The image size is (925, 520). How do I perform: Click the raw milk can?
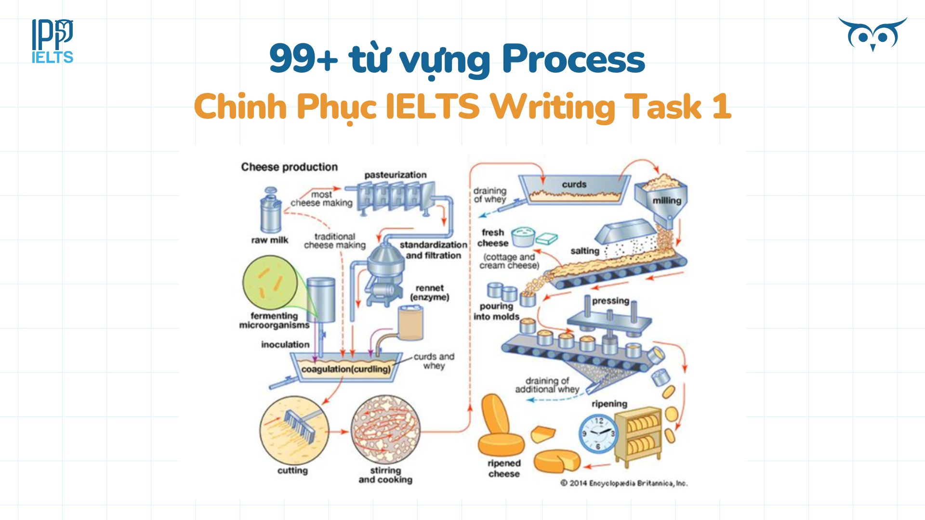(270, 212)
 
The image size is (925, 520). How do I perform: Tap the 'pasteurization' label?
(395, 175)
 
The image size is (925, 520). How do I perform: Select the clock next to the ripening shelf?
(598, 433)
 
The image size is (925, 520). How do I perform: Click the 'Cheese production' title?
(289, 167)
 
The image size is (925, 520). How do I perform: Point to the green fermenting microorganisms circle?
(270, 283)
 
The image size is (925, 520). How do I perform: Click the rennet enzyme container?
(410, 323)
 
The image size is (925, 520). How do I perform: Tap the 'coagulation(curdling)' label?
(346, 369)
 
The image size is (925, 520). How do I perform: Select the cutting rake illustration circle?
(294, 430)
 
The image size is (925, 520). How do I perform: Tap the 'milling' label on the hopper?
(667, 200)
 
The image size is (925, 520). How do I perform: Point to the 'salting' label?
(584, 251)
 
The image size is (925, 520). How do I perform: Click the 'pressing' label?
(610, 301)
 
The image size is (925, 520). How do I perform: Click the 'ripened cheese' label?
(504, 468)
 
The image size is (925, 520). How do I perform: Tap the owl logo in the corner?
(872, 34)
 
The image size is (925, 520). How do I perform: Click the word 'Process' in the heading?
(573, 59)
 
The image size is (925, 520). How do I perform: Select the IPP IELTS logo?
(53, 41)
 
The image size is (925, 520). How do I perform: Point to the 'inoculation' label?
(285, 345)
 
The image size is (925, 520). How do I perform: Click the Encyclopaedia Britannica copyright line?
(624, 483)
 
